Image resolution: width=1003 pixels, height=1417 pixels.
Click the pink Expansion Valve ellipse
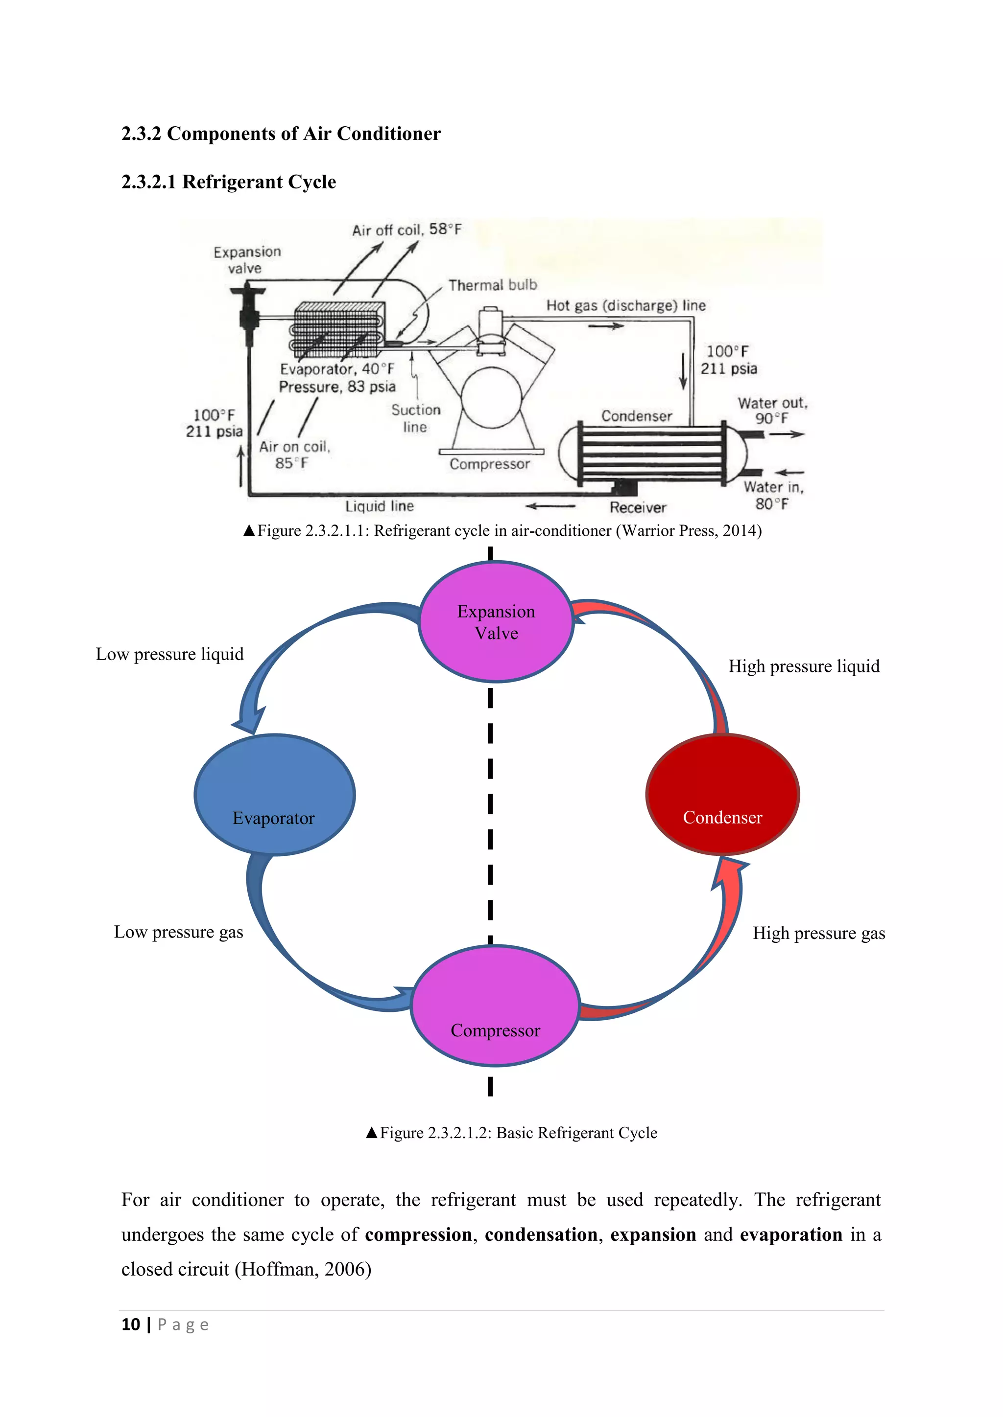(x=496, y=621)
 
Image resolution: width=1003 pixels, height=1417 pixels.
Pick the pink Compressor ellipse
(x=495, y=1006)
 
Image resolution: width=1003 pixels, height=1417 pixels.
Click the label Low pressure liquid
(x=170, y=654)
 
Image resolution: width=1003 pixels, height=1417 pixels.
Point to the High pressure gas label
(x=818, y=933)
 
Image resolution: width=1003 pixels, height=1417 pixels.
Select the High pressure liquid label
(x=804, y=666)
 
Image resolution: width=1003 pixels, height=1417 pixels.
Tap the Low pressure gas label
(x=178, y=932)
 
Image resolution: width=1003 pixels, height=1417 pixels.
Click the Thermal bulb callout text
(x=492, y=285)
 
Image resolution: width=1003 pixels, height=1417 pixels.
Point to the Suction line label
(x=416, y=418)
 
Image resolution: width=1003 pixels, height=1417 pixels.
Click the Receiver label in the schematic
(x=638, y=507)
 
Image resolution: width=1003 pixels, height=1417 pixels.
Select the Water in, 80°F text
(x=773, y=496)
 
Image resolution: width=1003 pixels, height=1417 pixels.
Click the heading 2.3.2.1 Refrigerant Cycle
(x=229, y=182)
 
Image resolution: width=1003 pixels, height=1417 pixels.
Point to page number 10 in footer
(x=131, y=1325)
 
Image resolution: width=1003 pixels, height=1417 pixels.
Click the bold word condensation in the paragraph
(x=541, y=1234)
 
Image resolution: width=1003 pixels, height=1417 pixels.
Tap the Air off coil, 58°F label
(x=406, y=229)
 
